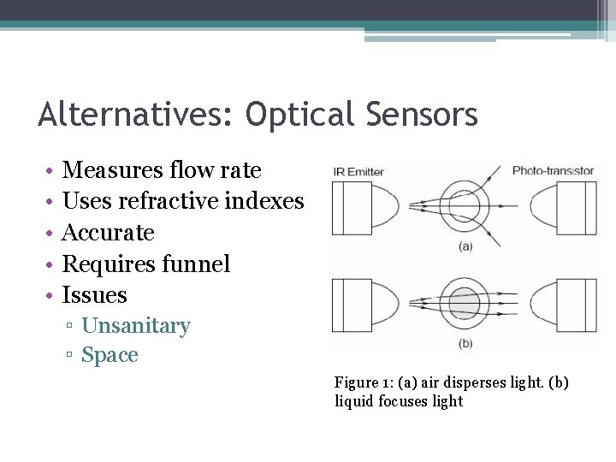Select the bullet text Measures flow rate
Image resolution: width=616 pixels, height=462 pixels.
pos(162,170)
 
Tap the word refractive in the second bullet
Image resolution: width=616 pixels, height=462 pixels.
pos(168,201)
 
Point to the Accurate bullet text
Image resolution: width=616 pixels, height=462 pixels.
pos(109,233)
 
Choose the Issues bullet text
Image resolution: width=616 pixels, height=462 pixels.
pos(95,295)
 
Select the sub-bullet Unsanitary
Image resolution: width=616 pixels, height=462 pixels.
pos(136,326)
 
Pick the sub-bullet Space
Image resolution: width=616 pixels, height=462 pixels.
pos(110,355)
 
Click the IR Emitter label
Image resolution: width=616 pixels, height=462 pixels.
pos(359,172)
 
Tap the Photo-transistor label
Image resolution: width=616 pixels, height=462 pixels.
pos(553,171)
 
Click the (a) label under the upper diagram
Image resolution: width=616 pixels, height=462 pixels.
pos(465,246)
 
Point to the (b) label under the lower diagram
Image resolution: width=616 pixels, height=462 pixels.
pos(465,343)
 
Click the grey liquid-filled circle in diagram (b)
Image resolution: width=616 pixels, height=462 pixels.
pos(465,304)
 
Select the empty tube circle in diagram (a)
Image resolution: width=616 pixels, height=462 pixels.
pos(465,205)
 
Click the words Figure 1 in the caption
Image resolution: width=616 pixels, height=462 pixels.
pos(361,382)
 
